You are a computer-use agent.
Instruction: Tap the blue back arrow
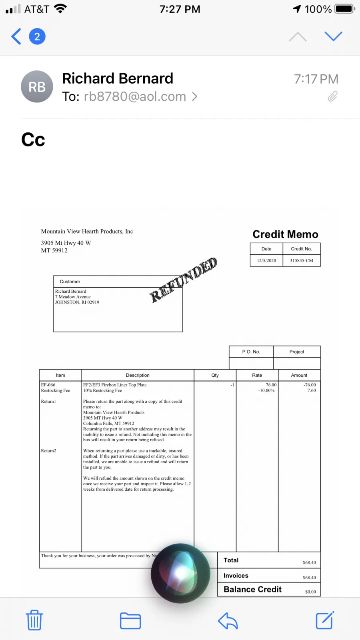point(16,37)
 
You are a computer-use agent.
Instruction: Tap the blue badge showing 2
point(37,37)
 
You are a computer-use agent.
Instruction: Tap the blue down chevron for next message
point(333,36)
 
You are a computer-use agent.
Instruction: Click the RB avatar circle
point(37,87)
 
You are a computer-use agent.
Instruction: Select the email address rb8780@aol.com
point(135,97)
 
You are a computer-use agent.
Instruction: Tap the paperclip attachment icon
point(332,96)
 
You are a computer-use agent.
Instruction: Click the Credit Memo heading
point(285,234)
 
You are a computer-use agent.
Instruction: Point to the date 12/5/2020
point(266,260)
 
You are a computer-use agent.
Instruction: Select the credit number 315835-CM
point(302,260)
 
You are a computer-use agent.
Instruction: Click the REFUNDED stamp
point(184,280)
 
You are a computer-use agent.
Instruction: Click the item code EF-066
point(48,385)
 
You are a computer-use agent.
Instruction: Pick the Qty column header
point(215,375)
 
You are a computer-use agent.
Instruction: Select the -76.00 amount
point(310,385)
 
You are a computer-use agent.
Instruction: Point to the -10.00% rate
point(266,390)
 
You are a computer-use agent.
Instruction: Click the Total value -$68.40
point(308,562)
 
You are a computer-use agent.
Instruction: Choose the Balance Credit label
point(252,590)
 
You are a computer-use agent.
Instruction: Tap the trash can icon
point(34,620)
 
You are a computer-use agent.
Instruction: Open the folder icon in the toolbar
point(130,621)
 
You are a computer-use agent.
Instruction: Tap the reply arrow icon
point(228,621)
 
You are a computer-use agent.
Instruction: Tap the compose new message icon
point(324,620)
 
